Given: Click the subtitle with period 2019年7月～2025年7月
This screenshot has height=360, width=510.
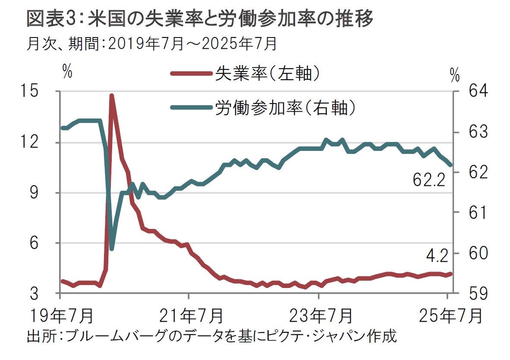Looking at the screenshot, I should (x=151, y=44).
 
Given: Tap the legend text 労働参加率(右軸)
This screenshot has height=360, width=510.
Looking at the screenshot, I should (x=285, y=107).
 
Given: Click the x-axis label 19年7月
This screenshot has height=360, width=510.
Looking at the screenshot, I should (x=60, y=316).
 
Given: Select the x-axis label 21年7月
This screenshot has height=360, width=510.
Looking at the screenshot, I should (x=189, y=316).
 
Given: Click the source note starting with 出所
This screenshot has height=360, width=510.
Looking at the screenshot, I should (x=211, y=336).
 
